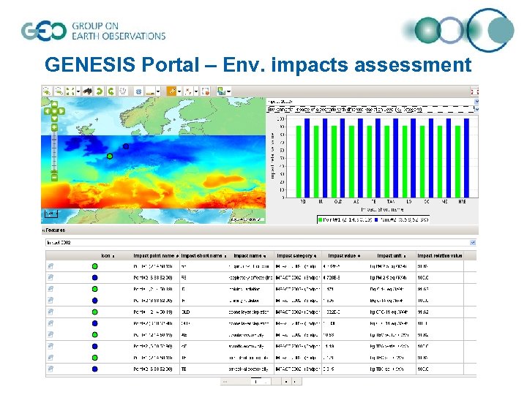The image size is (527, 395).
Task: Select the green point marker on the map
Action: (x=110, y=156)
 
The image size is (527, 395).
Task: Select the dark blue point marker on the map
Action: (x=126, y=146)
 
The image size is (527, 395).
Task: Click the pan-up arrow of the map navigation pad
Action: (x=53, y=105)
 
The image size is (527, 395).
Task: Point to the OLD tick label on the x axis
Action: (x=338, y=200)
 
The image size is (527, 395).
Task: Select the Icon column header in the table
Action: (x=106, y=255)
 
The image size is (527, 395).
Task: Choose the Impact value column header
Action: (x=345, y=255)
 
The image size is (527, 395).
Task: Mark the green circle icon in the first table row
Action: (x=95, y=266)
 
